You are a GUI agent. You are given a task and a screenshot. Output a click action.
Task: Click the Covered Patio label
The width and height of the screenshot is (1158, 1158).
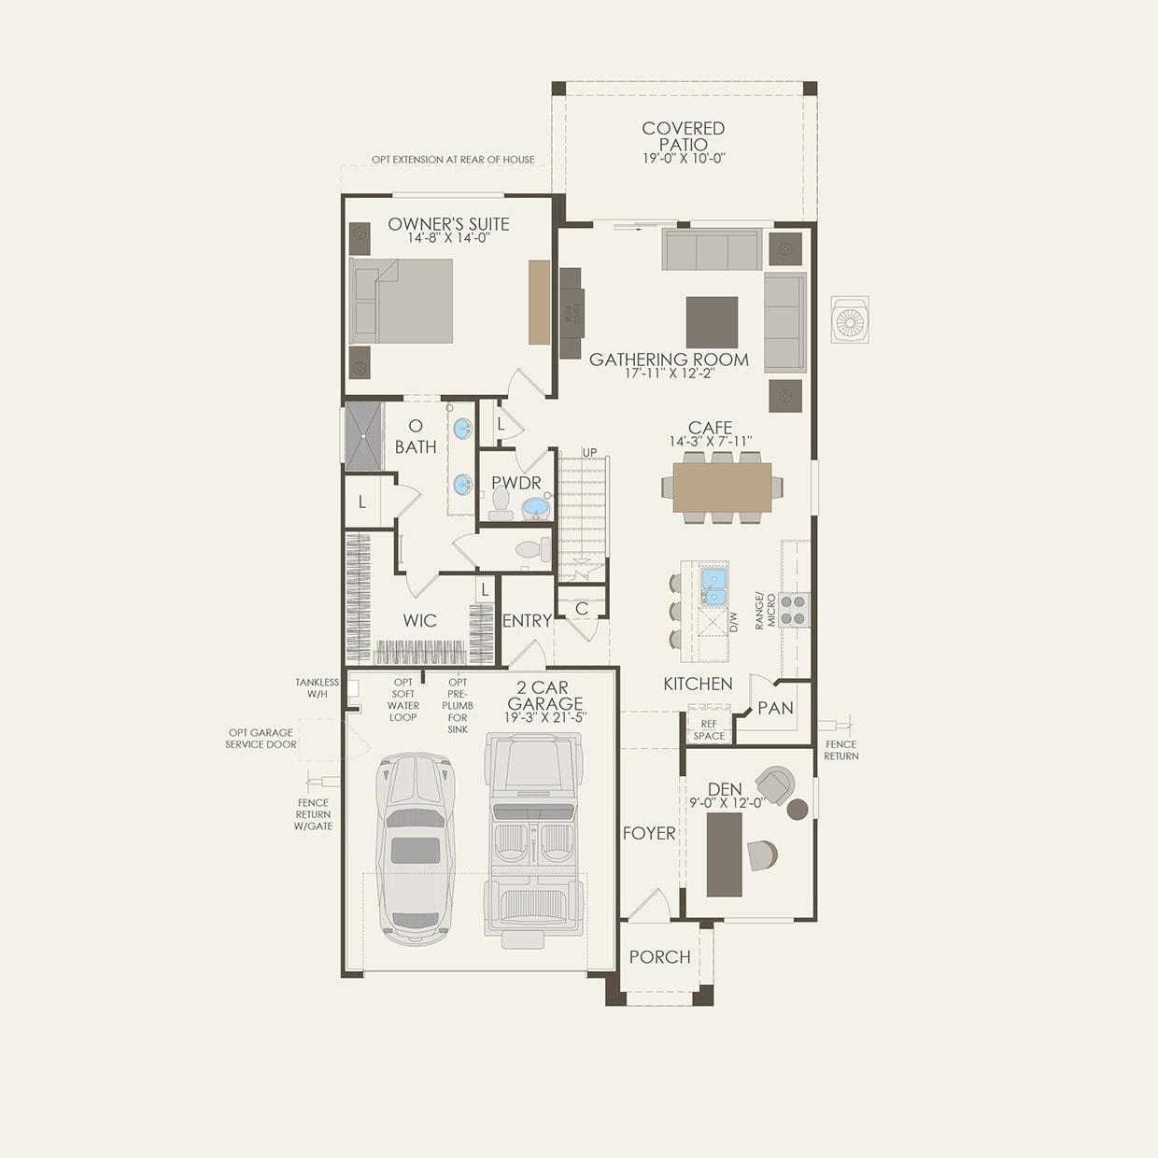pos(683,136)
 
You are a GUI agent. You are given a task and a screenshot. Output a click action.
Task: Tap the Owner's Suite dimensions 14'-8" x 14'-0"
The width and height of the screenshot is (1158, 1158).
pos(448,239)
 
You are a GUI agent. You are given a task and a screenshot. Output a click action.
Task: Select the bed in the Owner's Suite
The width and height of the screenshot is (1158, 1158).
pos(402,301)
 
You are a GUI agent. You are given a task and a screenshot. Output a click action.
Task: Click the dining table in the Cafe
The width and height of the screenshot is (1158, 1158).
pos(722,487)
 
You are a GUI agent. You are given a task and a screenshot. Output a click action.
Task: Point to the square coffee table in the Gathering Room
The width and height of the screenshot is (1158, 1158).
pos(712,322)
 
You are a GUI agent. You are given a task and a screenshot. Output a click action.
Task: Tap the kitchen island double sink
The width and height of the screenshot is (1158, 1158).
pos(714,586)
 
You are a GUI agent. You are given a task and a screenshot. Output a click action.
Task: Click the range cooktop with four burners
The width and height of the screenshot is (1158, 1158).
pos(794,610)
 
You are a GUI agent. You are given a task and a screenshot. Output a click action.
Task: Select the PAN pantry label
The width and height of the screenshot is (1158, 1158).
pos(775,709)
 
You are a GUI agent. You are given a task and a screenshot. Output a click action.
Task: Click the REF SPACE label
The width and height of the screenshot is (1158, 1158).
pos(709,729)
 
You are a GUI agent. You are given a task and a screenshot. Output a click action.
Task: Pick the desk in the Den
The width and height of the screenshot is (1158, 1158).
pos(725,854)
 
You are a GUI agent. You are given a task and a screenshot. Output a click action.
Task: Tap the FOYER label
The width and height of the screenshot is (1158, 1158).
pos(649,833)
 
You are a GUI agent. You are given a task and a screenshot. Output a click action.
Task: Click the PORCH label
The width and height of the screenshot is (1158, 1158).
pos(659,957)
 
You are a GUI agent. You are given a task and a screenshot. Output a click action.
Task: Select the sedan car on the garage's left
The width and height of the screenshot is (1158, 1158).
pos(410,850)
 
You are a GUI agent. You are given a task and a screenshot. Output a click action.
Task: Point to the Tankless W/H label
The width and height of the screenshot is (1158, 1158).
pos(317,688)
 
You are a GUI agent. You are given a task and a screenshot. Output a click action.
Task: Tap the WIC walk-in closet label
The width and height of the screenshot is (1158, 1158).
pos(419,621)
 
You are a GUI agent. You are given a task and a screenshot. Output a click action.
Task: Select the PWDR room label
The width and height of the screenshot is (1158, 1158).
pos(516,483)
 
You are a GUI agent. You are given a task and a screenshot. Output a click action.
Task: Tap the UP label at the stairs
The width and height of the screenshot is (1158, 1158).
pos(589,453)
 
